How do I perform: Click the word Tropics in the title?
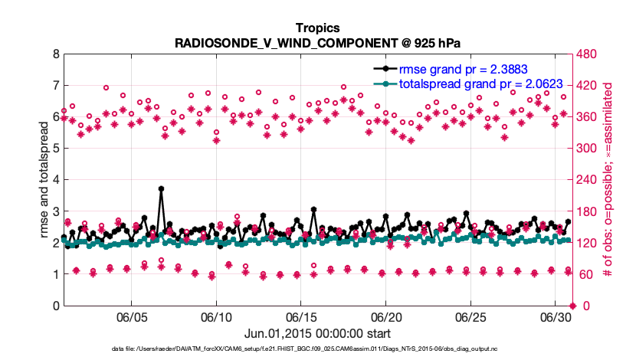tap(317, 28)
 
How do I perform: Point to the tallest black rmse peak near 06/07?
tap(161, 188)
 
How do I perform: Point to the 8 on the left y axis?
tap(55, 54)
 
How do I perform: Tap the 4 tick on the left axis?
tap(55, 180)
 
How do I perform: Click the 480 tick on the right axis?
tap(588, 54)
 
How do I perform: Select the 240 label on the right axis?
tap(588, 180)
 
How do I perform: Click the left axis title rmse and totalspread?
tap(44, 180)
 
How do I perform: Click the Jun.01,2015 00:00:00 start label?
tap(317, 333)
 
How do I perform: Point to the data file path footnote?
tap(317, 349)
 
